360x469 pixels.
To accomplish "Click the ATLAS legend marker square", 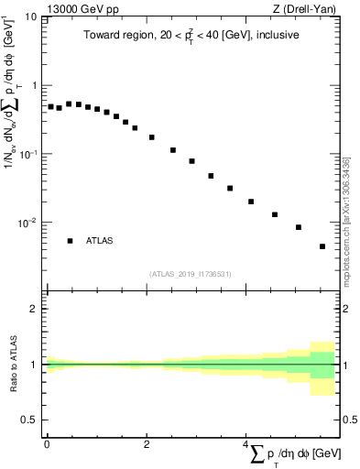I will tap(70, 241).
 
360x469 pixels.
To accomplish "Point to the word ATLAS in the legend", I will tap(100, 241).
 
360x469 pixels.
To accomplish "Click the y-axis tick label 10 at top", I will tap(29, 16).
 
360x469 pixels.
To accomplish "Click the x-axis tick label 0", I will tap(47, 445).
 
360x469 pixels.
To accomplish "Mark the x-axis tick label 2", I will tap(147, 445).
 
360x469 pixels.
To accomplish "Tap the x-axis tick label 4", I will tap(246, 445).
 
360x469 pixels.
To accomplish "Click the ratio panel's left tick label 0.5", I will tap(29, 420).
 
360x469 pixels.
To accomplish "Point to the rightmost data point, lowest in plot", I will tap(322, 246).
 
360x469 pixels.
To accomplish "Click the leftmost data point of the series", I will tap(51, 106).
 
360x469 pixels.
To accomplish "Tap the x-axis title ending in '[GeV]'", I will tap(293, 454).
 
